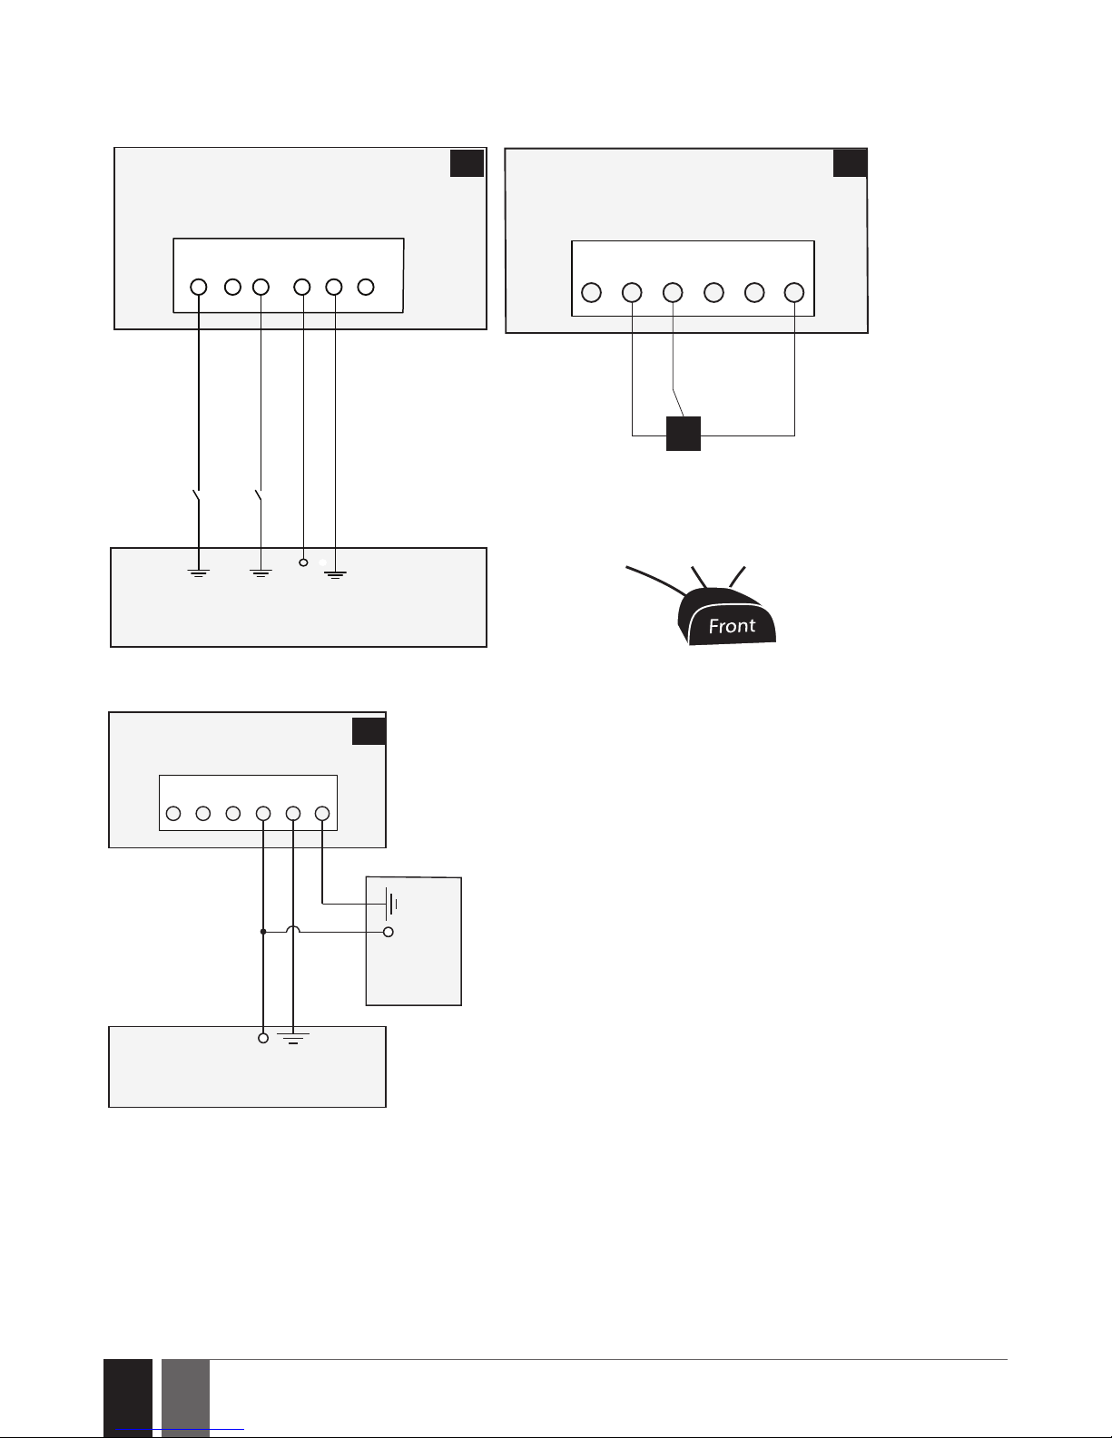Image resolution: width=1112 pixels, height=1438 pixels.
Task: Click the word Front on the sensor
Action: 732,625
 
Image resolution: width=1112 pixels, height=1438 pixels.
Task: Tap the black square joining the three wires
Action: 683,434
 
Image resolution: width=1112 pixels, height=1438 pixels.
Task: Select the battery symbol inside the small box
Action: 391,904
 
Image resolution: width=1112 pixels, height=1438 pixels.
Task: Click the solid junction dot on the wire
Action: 262,932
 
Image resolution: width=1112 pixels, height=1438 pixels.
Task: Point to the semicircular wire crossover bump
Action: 292,928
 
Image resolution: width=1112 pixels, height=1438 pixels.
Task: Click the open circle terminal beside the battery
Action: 389,933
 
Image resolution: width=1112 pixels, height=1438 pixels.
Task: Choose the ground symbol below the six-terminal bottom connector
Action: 293,1038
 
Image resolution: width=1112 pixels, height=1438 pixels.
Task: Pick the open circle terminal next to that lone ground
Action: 262,1038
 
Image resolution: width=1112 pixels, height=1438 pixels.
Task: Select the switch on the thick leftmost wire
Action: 197,496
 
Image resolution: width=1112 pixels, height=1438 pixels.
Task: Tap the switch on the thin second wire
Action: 259,496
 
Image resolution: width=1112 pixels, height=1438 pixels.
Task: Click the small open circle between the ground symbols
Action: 303,562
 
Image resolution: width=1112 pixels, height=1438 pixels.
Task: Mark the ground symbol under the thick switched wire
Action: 199,573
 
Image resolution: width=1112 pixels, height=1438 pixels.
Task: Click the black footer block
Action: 128,1398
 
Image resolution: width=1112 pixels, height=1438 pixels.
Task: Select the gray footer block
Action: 185,1398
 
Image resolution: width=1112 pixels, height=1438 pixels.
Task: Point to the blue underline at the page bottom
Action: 180,1430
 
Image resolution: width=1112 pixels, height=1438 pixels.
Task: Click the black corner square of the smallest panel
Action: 369,731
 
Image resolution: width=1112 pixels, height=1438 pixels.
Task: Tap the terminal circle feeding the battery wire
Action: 322,813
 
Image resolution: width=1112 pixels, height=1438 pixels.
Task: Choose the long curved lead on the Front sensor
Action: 655,580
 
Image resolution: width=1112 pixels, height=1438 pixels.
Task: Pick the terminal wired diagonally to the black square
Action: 673,292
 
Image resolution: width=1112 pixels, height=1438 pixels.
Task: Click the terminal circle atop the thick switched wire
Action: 199,288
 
